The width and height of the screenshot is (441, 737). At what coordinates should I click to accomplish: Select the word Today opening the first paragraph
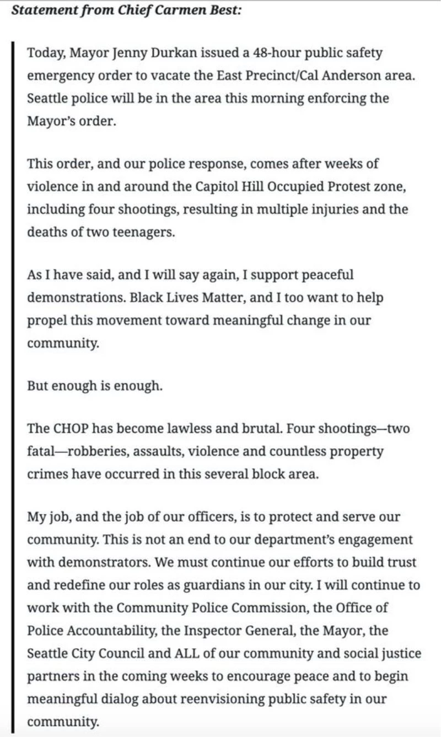(x=44, y=53)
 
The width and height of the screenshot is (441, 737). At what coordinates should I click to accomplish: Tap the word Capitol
(x=217, y=187)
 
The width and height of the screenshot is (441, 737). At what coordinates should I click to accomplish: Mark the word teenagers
(x=146, y=232)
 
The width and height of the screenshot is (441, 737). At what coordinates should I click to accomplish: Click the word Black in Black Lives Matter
(x=145, y=297)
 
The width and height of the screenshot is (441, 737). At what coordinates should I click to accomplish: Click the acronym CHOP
(x=69, y=429)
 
